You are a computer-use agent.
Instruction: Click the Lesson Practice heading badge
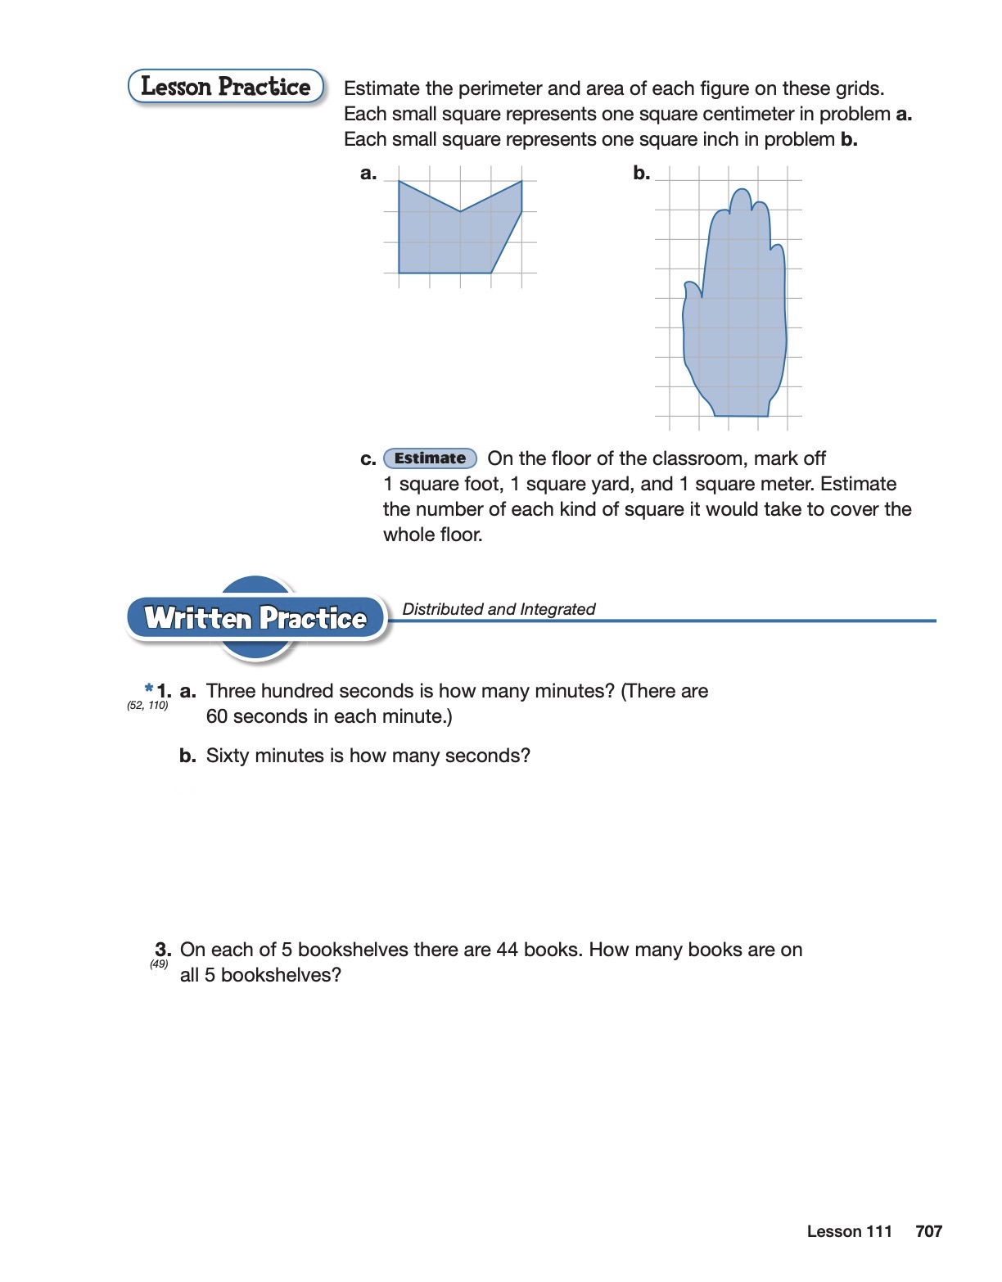pyautogui.click(x=226, y=87)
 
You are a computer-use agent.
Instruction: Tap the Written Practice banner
pyautogui.click(x=255, y=618)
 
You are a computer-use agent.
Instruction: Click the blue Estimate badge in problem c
pyautogui.click(x=430, y=458)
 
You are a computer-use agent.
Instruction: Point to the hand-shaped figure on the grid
pyautogui.click(x=735, y=327)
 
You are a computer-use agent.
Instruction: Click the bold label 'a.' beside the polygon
pyautogui.click(x=368, y=174)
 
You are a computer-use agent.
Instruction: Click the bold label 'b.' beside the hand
pyautogui.click(x=641, y=174)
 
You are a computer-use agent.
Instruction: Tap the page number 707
pyautogui.click(x=928, y=1231)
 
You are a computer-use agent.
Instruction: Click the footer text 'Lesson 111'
pyautogui.click(x=849, y=1231)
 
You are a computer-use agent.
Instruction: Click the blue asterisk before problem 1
pyautogui.click(x=149, y=688)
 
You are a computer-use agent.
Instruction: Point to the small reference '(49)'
pyautogui.click(x=159, y=964)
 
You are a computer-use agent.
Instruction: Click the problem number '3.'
pyautogui.click(x=163, y=950)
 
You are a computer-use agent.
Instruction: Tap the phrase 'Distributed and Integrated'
pyautogui.click(x=499, y=609)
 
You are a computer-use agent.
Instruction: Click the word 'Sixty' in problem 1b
pyautogui.click(x=228, y=756)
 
